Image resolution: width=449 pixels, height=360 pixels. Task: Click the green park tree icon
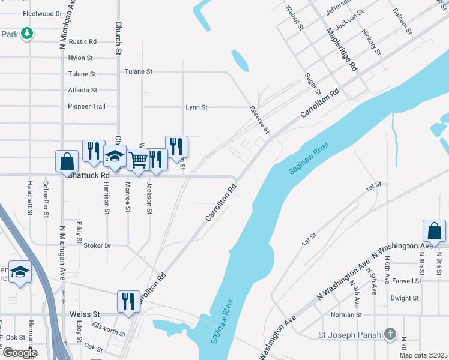[x=26, y=34]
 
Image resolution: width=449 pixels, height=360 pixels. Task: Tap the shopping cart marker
[x=138, y=160]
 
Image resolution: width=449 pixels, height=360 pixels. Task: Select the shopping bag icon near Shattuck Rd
[x=67, y=161]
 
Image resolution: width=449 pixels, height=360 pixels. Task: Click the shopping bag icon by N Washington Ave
[x=434, y=231]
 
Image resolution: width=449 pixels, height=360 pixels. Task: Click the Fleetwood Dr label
[x=43, y=13]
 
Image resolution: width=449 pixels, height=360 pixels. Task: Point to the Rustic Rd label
[x=83, y=42]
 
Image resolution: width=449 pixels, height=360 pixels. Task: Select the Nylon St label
[x=81, y=58]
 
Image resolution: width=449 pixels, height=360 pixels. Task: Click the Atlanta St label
[x=83, y=90]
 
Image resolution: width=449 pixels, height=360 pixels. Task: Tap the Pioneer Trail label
[x=87, y=106]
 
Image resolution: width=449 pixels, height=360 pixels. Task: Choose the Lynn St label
[x=196, y=107]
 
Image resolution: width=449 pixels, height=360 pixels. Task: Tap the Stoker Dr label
[x=97, y=245]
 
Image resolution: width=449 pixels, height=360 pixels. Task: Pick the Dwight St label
[x=405, y=298]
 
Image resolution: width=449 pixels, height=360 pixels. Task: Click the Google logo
[x=20, y=353]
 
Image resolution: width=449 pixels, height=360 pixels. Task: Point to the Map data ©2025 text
[x=423, y=355]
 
